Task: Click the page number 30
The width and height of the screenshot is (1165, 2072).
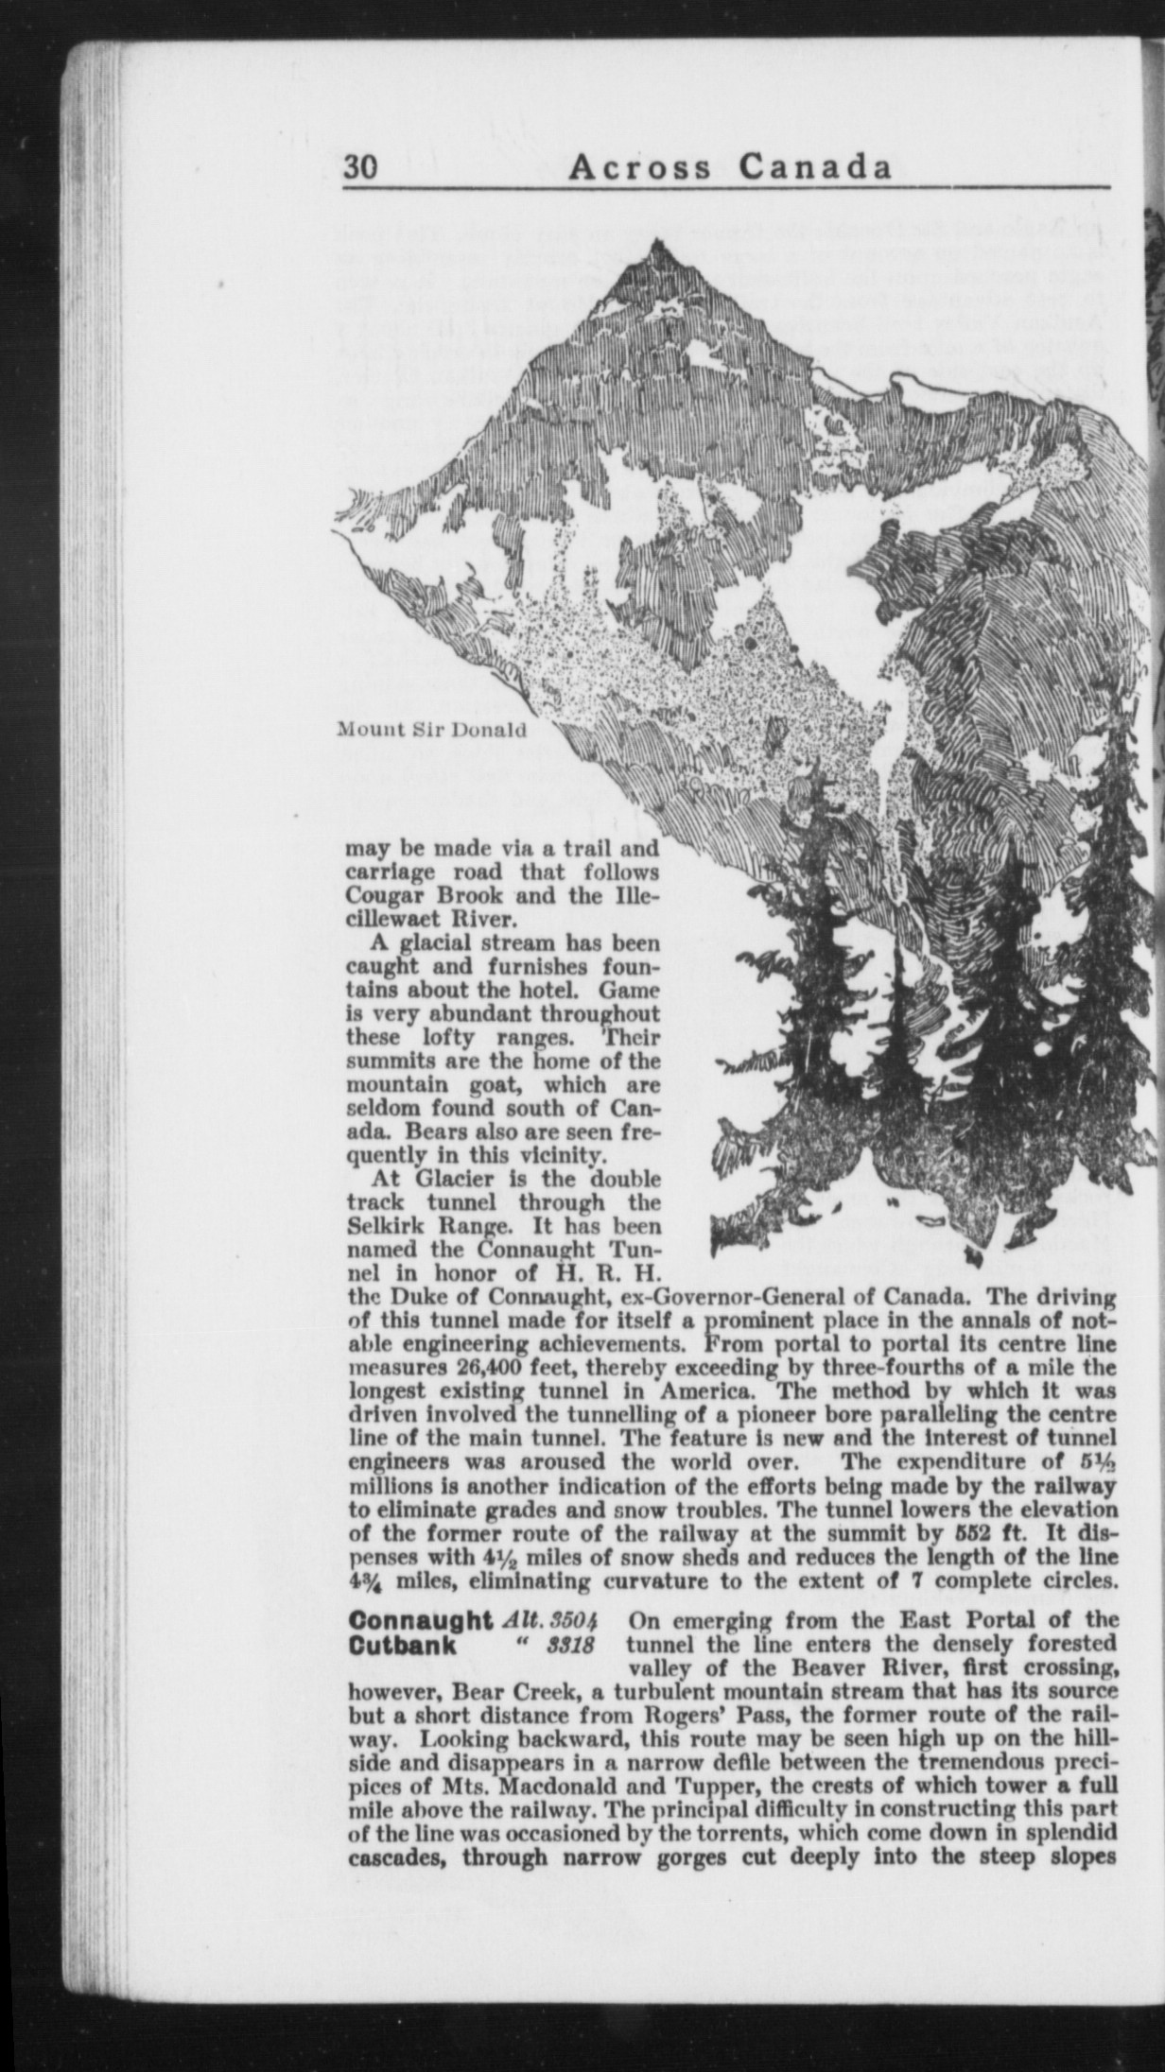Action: pyautogui.click(x=361, y=167)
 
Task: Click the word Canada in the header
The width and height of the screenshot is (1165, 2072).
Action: pyautogui.click(x=815, y=166)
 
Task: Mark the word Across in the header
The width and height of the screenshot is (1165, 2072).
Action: pyautogui.click(x=640, y=166)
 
